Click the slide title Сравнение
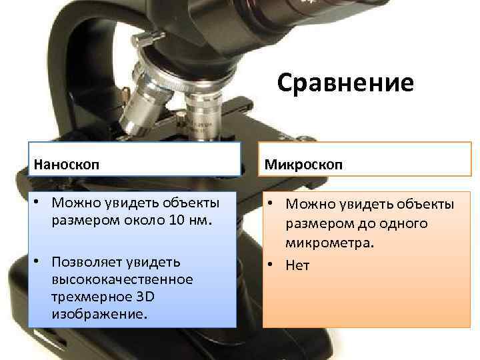(x=345, y=83)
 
